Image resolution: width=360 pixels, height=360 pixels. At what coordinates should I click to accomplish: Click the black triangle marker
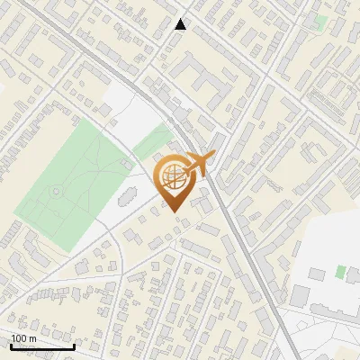pos(181,24)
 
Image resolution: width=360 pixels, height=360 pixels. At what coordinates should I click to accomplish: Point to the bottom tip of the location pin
pos(173,212)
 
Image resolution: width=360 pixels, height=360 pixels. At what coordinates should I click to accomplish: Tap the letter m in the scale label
pos(32,338)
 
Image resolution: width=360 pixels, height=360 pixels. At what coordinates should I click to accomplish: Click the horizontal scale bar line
pos(42,346)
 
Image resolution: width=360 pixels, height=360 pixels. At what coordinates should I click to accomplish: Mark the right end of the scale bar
pos(74,346)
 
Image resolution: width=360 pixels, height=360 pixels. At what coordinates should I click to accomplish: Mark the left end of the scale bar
pos(11,346)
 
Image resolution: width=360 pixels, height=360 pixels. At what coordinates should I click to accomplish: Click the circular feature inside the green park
pos(56,191)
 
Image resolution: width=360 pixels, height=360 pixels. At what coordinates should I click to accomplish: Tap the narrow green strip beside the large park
pos(153,142)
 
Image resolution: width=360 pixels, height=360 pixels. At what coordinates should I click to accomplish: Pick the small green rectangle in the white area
pos(340,271)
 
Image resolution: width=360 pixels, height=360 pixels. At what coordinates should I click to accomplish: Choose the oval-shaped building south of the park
pos(126,195)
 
